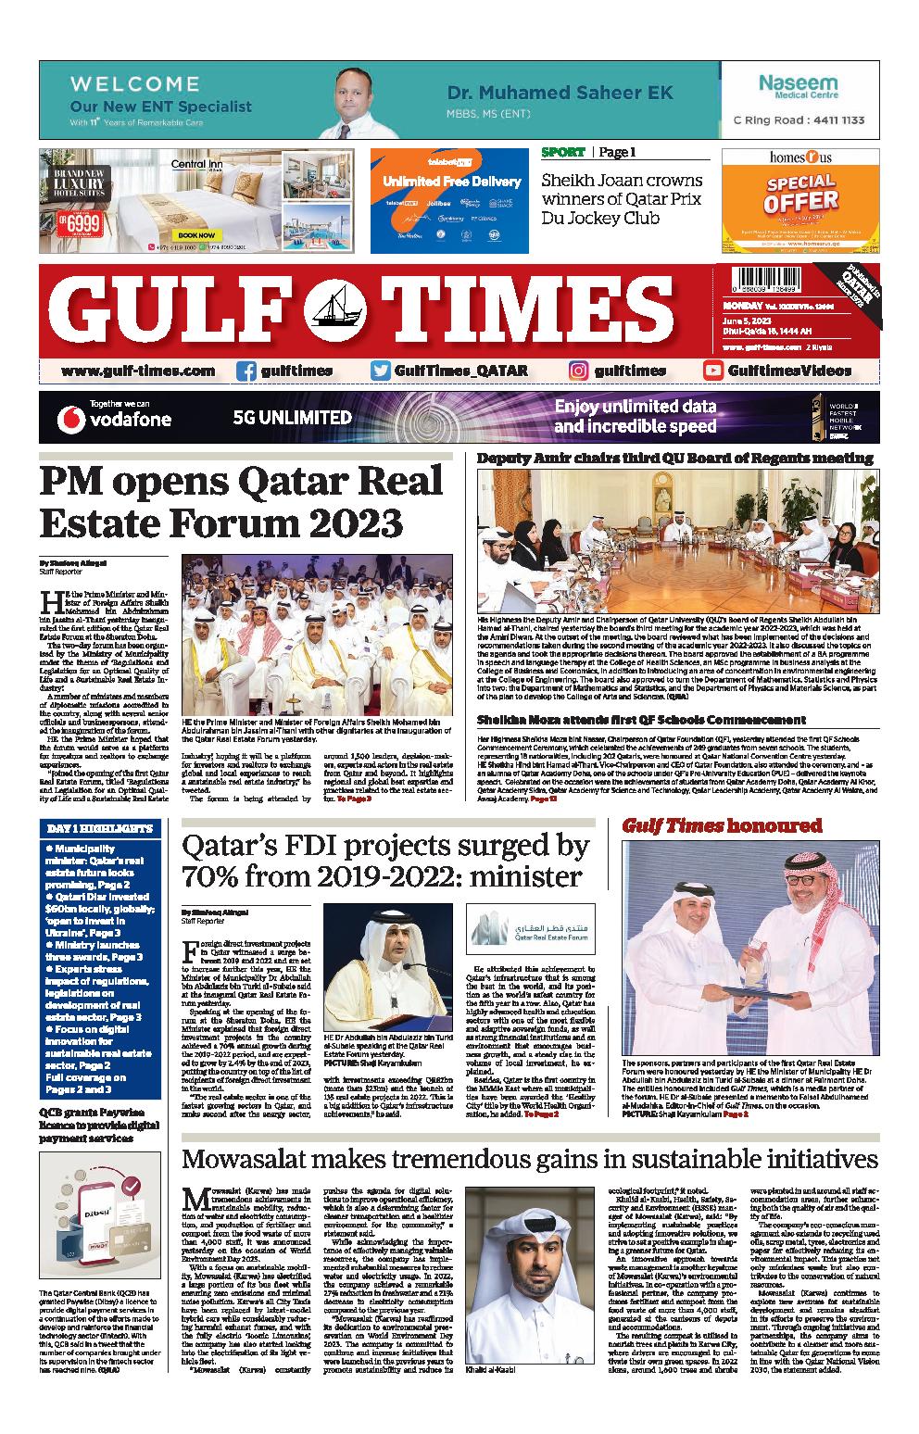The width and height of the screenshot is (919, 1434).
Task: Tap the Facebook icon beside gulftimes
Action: pyautogui.click(x=246, y=371)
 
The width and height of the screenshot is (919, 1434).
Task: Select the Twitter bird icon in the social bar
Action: pyautogui.click(x=380, y=371)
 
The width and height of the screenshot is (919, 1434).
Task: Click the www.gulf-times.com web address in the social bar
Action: pyautogui.click(x=138, y=371)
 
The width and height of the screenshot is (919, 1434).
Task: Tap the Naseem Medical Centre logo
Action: pyautogui.click(x=798, y=87)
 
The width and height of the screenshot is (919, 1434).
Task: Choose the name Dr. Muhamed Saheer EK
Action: pyautogui.click(x=560, y=93)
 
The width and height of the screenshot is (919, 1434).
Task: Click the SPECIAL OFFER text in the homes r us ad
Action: pyautogui.click(x=802, y=193)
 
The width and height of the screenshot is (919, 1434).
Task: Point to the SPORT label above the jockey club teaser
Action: pyautogui.click(x=563, y=152)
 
